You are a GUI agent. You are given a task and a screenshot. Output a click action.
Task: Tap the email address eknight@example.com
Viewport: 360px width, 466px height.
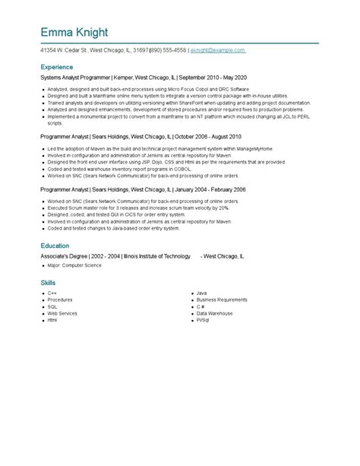point(218,49)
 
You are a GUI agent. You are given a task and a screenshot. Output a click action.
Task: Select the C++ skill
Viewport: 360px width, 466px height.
point(52,293)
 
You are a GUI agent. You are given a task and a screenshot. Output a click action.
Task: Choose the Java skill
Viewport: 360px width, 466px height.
point(201,293)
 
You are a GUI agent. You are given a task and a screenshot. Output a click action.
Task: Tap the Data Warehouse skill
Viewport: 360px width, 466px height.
point(216,313)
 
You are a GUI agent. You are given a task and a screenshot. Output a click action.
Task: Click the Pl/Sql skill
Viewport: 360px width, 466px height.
point(203,320)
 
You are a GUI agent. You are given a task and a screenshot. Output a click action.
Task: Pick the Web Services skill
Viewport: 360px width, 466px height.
point(62,313)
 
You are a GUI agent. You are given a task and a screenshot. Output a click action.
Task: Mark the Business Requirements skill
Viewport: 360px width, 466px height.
point(221,300)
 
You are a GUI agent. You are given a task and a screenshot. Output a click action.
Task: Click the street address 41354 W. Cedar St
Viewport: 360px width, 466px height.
point(64,49)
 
